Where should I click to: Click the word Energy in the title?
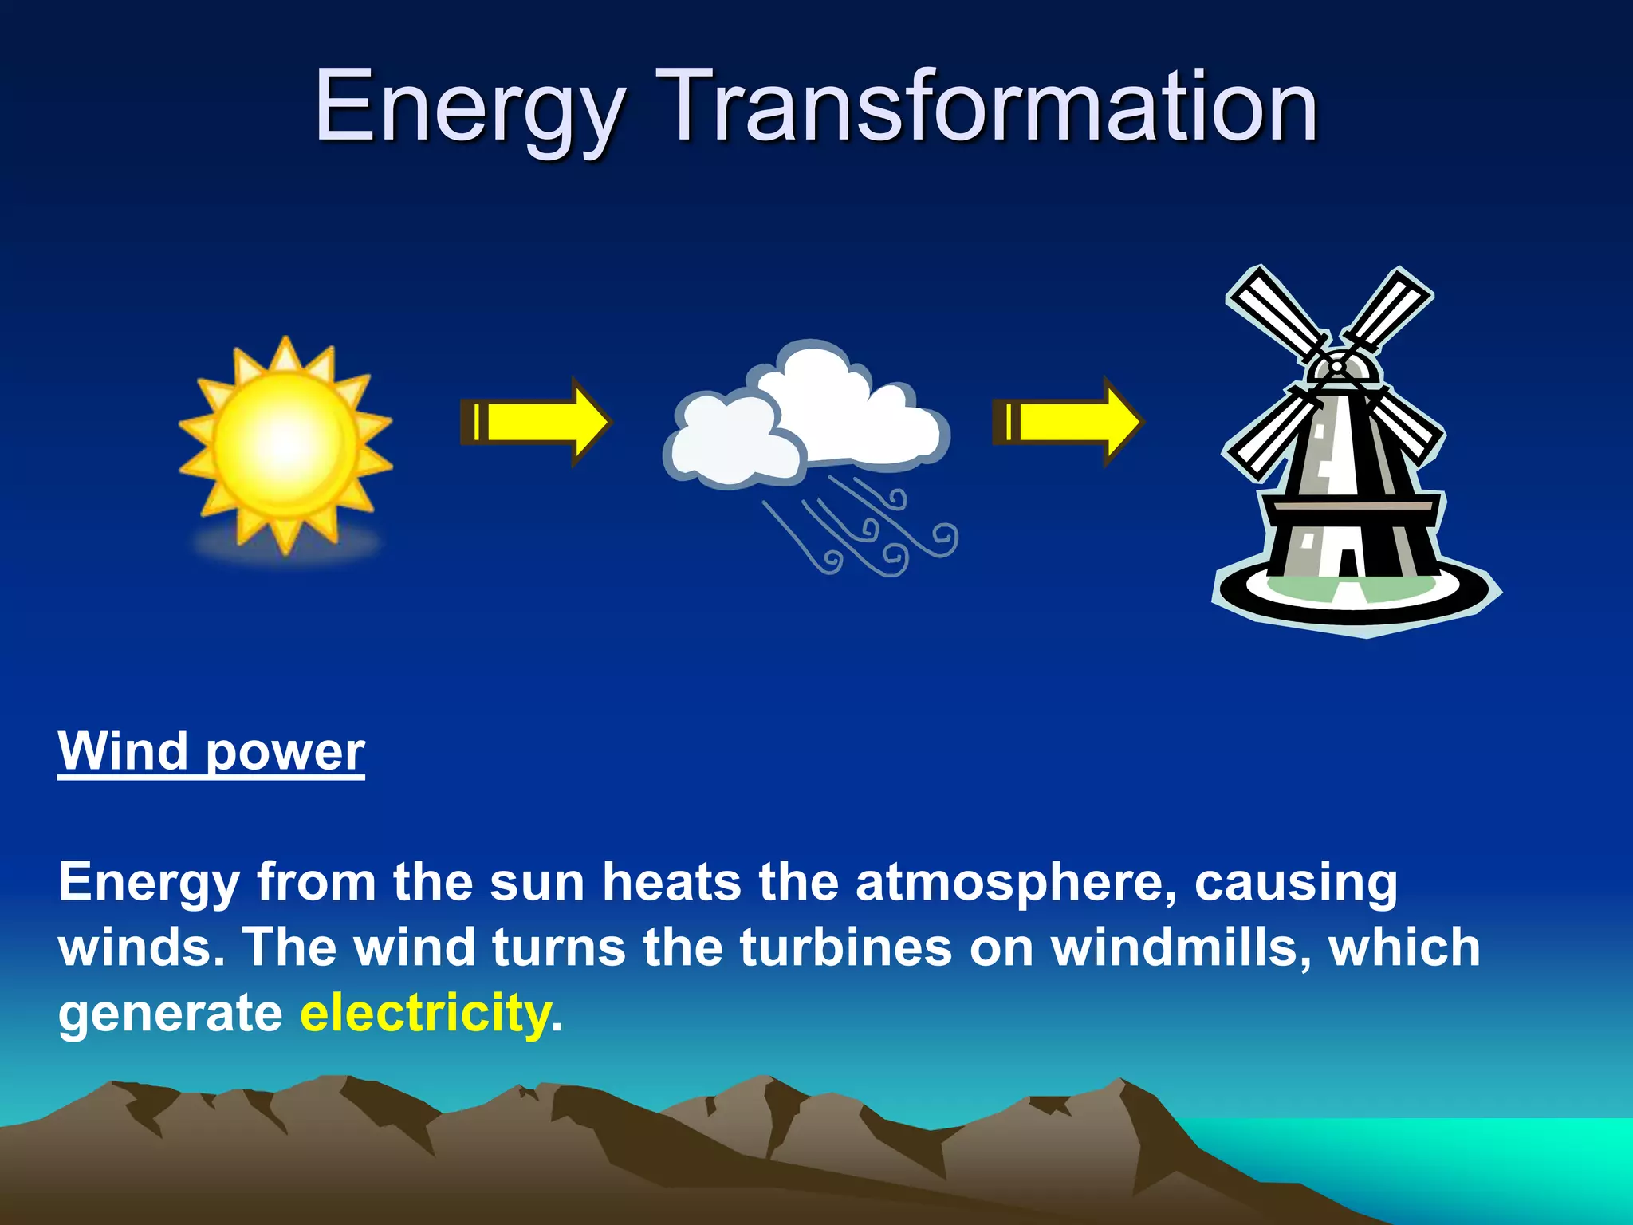tap(469, 108)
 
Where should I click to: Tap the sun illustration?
tap(285, 443)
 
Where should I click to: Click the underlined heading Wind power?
tap(211, 751)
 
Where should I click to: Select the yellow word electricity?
tap(426, 1013)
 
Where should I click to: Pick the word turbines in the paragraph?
tap(845, 947)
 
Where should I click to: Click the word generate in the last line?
tap(170, 1014)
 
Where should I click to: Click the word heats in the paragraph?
tap(671, 882)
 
